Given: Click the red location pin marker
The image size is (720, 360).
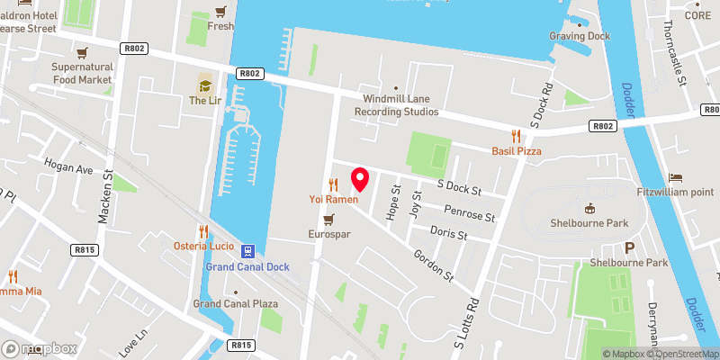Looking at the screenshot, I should [x=360, y=179].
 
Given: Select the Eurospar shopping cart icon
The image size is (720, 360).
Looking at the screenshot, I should [x=329, y=219].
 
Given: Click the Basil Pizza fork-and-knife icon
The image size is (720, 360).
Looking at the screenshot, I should [x=515, y=135].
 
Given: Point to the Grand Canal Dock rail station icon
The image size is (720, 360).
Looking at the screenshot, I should [x=247, y=252].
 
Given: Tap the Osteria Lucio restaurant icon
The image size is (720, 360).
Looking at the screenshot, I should [x=203, y=231].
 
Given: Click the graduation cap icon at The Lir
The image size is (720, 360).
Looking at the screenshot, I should [x=204, y=85].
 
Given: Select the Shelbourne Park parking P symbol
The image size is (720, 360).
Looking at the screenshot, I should [x=629, y=247].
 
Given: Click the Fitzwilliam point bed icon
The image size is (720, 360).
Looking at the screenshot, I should [x=676, y=178].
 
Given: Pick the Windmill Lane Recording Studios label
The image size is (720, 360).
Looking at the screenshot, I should [x=396, y=104].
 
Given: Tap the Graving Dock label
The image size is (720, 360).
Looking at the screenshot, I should [x=580, y=36].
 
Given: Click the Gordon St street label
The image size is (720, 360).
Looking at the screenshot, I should [x=431, y=260].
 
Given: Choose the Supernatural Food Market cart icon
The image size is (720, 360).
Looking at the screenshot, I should [x=82, y=52].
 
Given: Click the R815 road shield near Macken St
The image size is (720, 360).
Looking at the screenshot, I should [x=85, y=249].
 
